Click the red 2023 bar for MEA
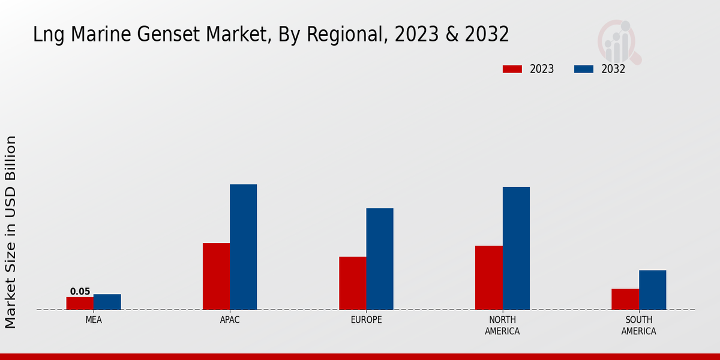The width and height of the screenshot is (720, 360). (80, 303)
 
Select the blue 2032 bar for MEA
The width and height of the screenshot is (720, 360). (107, 302)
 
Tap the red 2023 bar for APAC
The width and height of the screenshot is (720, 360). (216, 276)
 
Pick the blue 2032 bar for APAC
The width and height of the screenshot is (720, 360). (244, 247)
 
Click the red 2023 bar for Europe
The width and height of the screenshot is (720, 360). (353, 283)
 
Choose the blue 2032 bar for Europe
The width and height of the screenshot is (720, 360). (380, 259)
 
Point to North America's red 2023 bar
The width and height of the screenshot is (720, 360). (489, 278)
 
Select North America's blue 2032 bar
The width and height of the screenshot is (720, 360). (516, 248)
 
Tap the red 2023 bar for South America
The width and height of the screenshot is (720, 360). (625, 299)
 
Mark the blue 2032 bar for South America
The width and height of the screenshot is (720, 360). (652, 290)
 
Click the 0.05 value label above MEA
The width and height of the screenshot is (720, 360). (80, 292)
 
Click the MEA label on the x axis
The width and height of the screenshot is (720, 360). (94, 320)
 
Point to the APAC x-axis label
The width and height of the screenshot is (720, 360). (230, 320)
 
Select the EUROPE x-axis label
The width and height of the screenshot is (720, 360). (366, 320)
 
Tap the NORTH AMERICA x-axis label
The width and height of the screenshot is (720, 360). (502, 325)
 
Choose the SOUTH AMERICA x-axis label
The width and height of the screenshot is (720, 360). (638, 325)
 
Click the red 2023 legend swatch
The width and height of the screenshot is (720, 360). (512, 69)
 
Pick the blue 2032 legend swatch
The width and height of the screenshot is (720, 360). (584, 69)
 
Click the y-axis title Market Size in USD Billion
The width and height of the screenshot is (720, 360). (11, 232)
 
